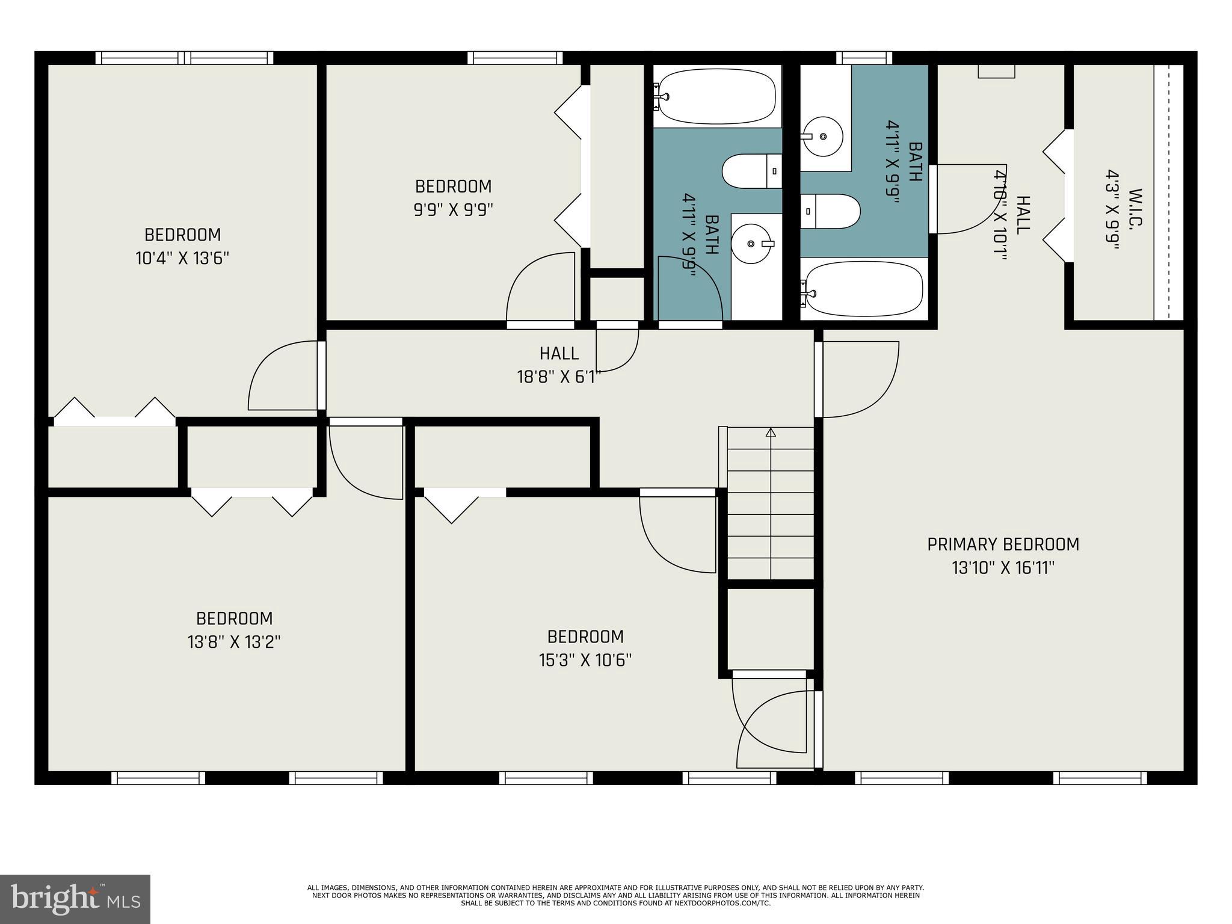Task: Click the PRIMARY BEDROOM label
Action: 1003,544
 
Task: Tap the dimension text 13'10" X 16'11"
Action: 1003,568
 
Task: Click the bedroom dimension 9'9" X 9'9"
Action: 453,210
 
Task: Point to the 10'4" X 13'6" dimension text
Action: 182,259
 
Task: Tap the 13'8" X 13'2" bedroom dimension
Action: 234,642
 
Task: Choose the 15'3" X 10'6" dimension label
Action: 585,661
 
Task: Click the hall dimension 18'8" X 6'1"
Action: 559,377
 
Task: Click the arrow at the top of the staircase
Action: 771,433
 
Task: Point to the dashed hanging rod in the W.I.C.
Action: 1168,192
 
